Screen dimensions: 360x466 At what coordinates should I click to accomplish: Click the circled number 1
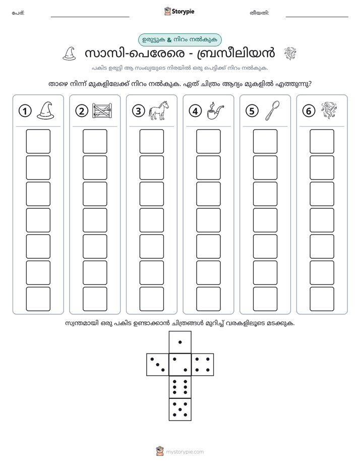(25, 111)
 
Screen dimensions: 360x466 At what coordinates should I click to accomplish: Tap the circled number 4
(195, 111)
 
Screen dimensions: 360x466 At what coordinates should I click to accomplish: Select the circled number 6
(309, 111)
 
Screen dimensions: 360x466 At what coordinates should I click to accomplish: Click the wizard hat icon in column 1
(45, 110)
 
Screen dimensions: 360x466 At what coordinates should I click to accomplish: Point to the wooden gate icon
(102, 111)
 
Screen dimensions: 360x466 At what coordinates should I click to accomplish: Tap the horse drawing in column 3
(159, 110)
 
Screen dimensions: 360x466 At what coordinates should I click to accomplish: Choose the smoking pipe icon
(215, 110)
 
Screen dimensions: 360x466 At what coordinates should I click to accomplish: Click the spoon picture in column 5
(272, 110)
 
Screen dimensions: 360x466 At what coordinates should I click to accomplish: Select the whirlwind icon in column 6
(329, 110)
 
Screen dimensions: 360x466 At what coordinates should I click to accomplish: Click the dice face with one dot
(180, 342)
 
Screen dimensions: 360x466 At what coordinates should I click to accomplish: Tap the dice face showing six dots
(180, 387)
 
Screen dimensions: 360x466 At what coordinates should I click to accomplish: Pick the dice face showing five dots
(180, 410)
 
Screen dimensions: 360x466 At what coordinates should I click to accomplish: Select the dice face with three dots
(158, 365)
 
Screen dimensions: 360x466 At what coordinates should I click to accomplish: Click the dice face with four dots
(203, 365)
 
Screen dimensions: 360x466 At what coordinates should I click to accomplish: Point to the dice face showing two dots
(180, 365)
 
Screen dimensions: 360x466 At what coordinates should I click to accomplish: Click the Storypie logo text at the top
(183, 12)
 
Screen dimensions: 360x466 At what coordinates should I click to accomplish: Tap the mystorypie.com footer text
(185, 452)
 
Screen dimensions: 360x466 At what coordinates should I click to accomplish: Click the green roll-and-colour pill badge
(180, 40)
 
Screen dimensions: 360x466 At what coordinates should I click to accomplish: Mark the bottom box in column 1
(38, 299)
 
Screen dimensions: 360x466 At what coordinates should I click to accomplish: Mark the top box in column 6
(322, 141)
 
